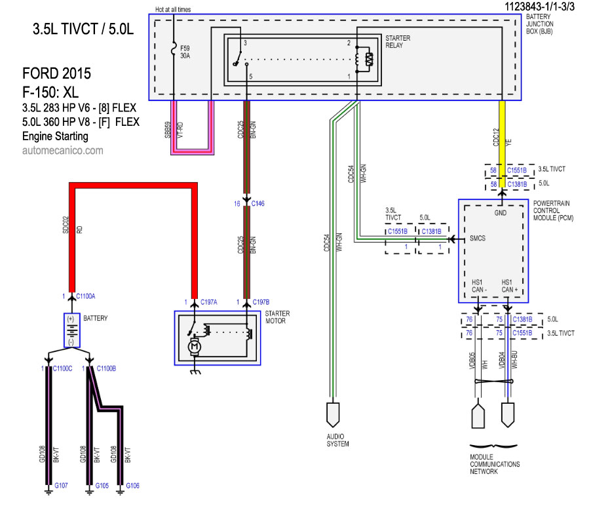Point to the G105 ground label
point(102,486)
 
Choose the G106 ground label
point(132,486)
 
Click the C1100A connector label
point(85,297)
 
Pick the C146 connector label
point(257,204)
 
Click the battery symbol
point(71,330)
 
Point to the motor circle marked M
point(195,345)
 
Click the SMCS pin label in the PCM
point(477,239)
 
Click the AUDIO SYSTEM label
point(337,440)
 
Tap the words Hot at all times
point(173,10)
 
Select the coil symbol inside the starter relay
point(368,60)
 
